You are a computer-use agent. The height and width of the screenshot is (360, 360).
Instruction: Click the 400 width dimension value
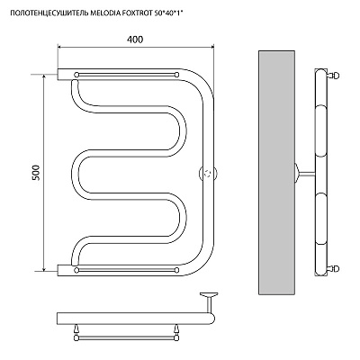pos(135,40)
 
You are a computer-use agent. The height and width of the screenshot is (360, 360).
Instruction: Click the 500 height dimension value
pos(36,173)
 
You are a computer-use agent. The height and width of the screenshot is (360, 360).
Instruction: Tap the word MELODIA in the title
pos(103,13)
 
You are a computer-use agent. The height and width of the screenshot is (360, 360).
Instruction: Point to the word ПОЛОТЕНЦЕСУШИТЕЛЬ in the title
pos(49,13)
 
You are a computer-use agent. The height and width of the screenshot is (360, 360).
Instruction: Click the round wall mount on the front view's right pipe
pos(209,174)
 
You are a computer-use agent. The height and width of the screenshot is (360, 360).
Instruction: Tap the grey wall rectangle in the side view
pos(276,173)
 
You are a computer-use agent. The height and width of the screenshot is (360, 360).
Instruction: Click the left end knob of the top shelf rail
pos(76,75)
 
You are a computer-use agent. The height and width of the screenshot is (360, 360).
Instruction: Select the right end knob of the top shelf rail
pos(176,75)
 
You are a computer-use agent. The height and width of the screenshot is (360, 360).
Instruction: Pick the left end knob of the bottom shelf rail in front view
pos(76,270)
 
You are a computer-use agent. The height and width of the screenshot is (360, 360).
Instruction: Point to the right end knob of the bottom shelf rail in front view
pos(176,270)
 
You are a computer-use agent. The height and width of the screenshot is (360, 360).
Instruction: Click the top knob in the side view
pos(335,75)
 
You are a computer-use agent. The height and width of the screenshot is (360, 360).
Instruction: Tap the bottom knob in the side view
pos(335,268)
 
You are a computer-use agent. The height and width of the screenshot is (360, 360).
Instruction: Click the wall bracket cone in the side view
pos(296,174)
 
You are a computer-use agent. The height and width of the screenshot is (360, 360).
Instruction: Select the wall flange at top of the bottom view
pos(210,295)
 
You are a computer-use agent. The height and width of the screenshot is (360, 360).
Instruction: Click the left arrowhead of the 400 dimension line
pos(59,47)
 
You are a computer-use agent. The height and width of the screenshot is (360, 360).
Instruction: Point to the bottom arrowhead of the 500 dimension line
pos(44,268)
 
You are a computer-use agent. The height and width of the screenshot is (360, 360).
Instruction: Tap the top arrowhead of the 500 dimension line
pos(44,77)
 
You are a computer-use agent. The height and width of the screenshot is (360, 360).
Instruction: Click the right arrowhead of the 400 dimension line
pos(211,47)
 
